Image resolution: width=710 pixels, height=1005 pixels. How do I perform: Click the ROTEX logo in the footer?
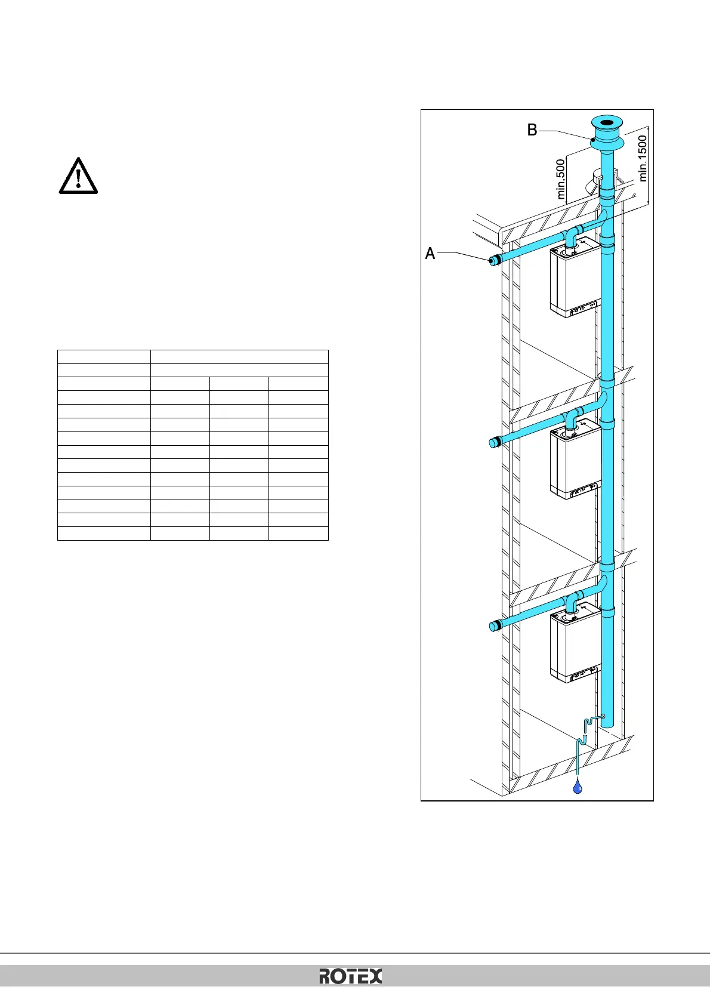(350, 976)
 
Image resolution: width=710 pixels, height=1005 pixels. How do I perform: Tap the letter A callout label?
(430, 254)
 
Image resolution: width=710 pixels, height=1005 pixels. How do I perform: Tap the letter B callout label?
(532, 130)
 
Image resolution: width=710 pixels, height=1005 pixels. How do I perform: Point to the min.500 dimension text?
(560, 179)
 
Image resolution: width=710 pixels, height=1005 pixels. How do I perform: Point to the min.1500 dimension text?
(643, 158)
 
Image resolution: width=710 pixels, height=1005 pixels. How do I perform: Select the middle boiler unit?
(574, 463)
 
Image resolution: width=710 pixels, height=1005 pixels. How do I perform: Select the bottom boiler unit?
(574, 646)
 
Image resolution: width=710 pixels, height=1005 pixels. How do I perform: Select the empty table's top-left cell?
(104, 357)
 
